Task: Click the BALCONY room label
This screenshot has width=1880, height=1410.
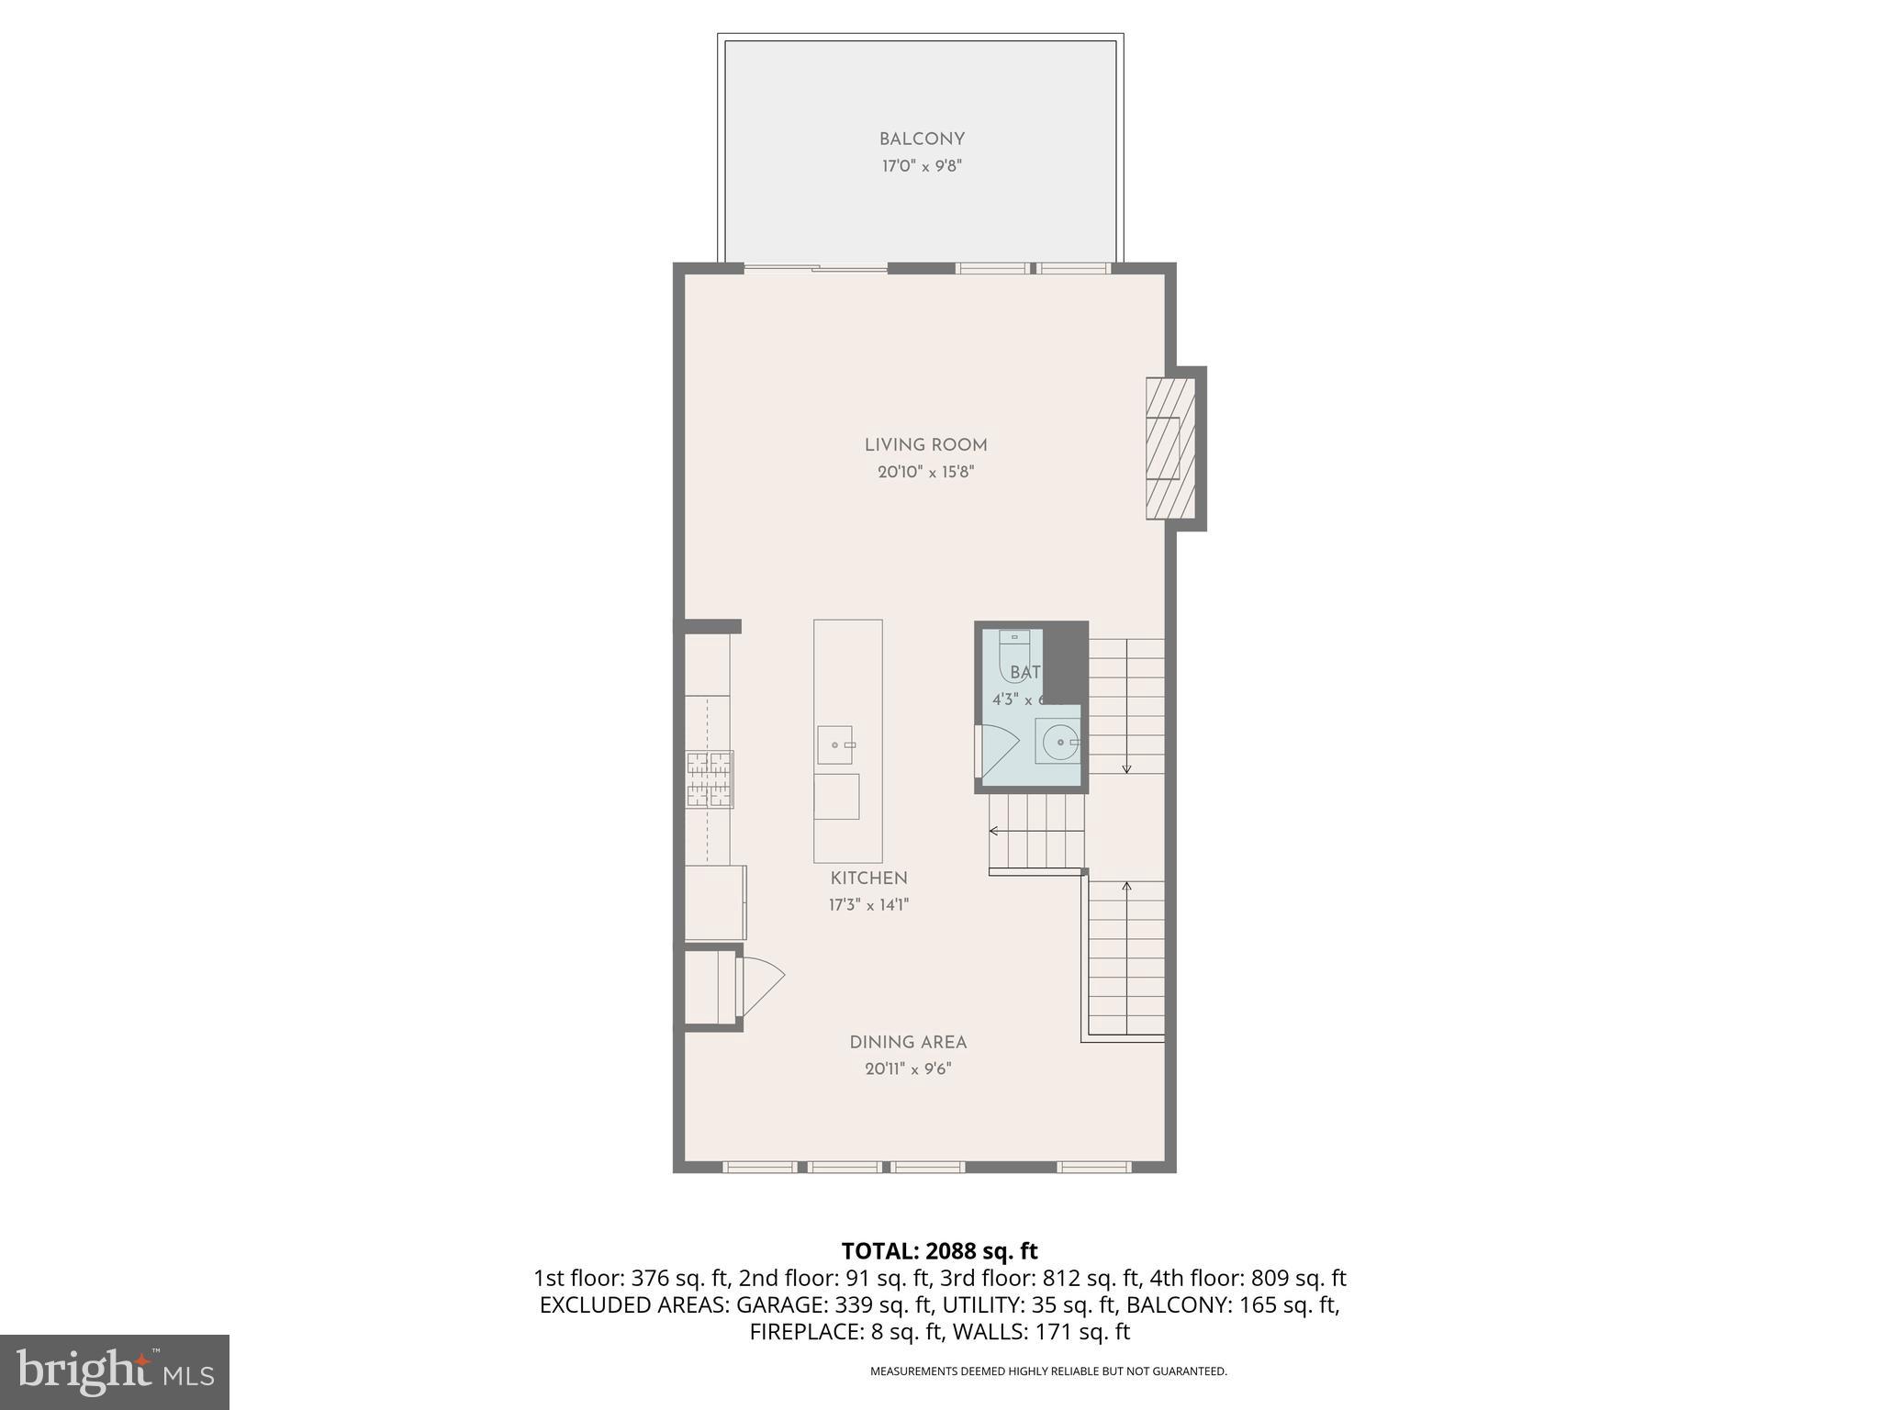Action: click(922, 140)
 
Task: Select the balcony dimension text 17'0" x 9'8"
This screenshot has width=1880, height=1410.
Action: click(922, 167)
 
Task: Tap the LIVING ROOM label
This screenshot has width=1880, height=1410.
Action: click(925, 445)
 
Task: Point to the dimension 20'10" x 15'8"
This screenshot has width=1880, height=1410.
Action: click(925, 473)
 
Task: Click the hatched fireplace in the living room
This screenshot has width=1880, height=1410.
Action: click(1169, 449)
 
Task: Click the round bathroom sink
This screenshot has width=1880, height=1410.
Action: click(1060, 741)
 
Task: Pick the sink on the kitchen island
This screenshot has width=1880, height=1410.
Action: click(835, 744)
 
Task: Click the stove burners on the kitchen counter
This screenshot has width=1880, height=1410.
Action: click(710, 779)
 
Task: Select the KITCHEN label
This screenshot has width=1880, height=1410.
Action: click(868, 878)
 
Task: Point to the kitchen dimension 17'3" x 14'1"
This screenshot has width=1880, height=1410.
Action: click(868, 905)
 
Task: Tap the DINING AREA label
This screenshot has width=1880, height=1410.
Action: click(908, 1043)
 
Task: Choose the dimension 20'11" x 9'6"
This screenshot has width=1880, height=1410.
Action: click(908, 1069)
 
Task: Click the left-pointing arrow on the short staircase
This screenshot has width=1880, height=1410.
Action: click(994, 831)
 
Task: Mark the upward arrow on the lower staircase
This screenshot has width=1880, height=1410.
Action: click(1126, 887)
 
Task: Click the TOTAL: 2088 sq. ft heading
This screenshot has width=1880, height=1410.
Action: click(939, 1251)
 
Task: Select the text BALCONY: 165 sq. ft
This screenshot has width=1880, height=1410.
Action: click(1232, 1305)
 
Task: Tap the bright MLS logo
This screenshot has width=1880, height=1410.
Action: click(115, 1372)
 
